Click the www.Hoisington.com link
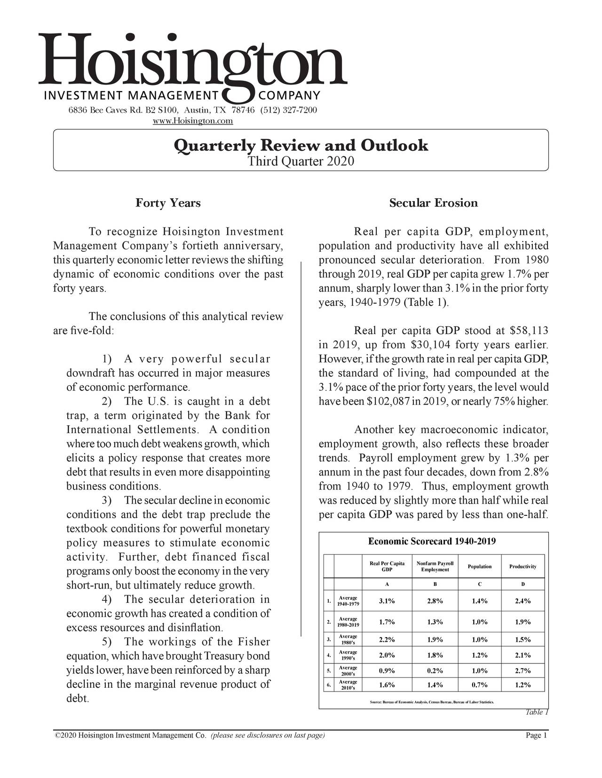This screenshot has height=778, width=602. point(193,121)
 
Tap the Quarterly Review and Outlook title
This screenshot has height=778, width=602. point(301,145)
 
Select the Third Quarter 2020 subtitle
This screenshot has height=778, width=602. point(301,162)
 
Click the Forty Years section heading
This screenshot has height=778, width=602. point(168,203)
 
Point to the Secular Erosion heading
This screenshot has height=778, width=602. point(433,203)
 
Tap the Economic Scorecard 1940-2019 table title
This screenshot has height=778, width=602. point(432,542)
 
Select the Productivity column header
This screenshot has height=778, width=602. point(523,567)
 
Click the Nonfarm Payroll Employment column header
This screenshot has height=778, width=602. point(435,567)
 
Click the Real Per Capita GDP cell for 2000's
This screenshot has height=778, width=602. point(387,670)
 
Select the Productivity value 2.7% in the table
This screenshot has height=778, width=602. point(523,670)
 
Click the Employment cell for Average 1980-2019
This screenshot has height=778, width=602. point(435,622)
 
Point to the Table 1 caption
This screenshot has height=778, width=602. point(537,712)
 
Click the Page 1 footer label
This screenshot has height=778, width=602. point(536,736)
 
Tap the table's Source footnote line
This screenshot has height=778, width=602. point(432,702)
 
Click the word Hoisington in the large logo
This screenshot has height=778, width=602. point(193,59)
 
